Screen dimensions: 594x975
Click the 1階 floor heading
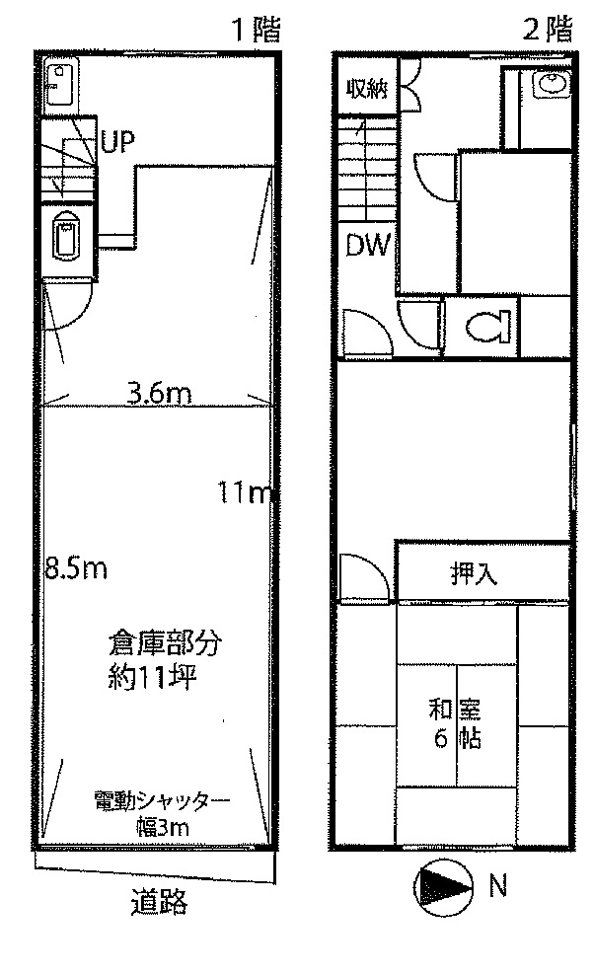(x=257, y=30)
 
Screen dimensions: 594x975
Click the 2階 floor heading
(x=548, y=29)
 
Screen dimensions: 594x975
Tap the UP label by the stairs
(x=117, y=142)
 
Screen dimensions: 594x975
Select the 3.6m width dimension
(x=159, y=394)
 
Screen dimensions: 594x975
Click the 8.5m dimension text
(x=76, y=568)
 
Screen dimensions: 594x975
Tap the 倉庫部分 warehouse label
(x=165, y=644)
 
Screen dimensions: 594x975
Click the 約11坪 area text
(x=152, y=677)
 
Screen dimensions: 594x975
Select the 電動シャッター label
(x=162, y=800)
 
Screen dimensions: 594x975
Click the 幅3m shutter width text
(x=163, y=828)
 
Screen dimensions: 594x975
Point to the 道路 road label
(x=159, y=901)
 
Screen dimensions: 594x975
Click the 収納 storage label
(x=368, y=89)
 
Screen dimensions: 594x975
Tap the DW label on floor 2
(x=368, y=246)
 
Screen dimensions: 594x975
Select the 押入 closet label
(x=474, y=573)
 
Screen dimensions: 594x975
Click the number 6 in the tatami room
(x=441, y=739)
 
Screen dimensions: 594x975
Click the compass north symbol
(x=443, y=887)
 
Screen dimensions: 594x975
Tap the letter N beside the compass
(x=497, y=885)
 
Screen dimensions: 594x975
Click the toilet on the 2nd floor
(x=487, y=327)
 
